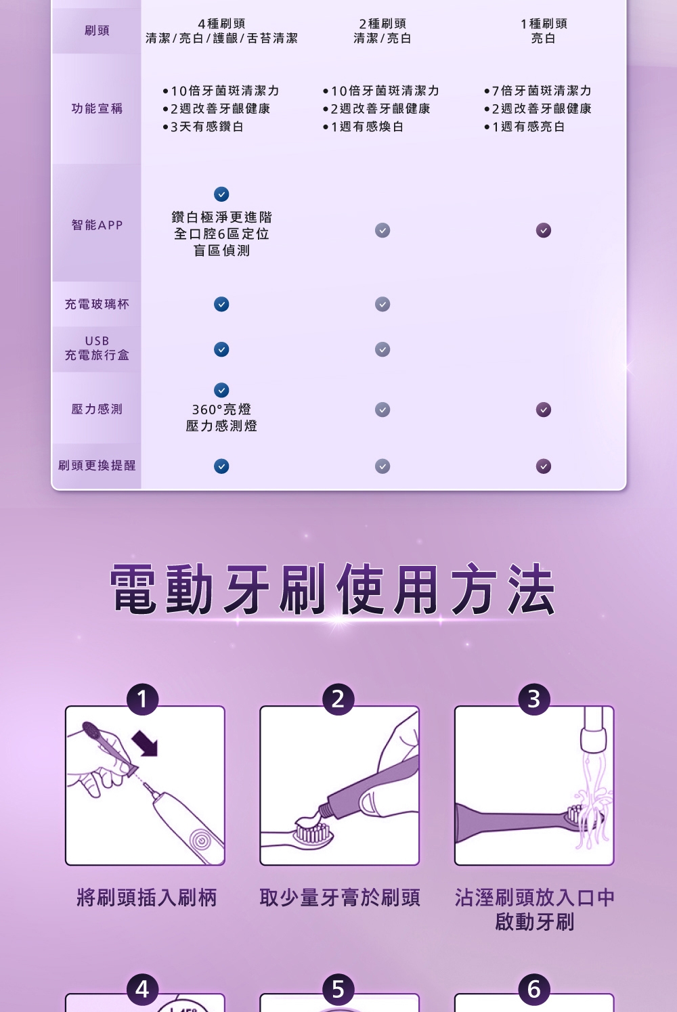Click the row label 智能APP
pyautogui.click(x=97, y=225)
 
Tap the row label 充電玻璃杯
pyautogui.click(x=97, y=304)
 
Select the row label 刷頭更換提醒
pyautogui.click(x=97, y=465)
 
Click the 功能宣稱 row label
pyautogui.click(x=97, y=108)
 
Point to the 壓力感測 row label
pyautogui.click(x=97, y=410)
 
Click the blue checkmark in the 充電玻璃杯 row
pyautogui.click(x=221, y=304)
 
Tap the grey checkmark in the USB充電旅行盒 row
pyautogui.click(x=383, y=349)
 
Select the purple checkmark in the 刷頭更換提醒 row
pyautogui.click(x=543, y=466)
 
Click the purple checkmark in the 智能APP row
pyautogui.click(x=543, y=230)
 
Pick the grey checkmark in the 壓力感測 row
pyautogui.click(x=383, y=410)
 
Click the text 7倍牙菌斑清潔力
pyautogui.click(x=542, y=91)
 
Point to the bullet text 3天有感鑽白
pyautogui.click(x=207, y=127)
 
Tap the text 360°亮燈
pyautogui.click(x=221, y=410)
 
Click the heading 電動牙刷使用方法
pyautogui.click(x=333, y=589)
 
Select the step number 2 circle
pyautogui.click(x=338, y=699)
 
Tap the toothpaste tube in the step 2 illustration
pyautogui.click(x=368, y=786)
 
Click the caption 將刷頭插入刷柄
pyautogui.click(x=147, y=898)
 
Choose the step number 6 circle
pyautogui.click(x=533, y=989)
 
